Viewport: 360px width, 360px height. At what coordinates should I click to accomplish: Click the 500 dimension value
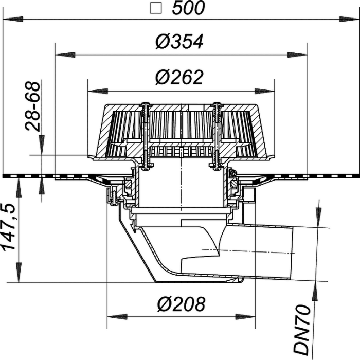tap(188, 8)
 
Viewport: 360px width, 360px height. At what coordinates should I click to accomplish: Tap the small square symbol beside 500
tap(156, 8)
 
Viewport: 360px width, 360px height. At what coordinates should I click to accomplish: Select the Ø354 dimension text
tap(179, 42)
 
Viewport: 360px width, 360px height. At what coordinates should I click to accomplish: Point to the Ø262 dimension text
tap(179, 77)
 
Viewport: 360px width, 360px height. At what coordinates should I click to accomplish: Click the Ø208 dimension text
tap(181, 304)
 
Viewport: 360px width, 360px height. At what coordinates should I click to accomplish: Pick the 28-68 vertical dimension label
tap(33, 106)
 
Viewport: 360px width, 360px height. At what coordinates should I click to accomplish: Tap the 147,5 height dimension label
tap(9, 226)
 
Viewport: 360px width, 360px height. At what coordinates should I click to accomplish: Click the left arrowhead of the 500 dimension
tap(13, 20)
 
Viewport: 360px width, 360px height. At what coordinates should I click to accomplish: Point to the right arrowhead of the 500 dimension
tap(349, 20)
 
